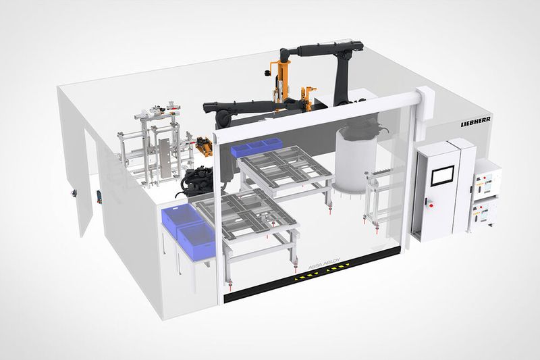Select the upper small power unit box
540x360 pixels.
coord(487,178)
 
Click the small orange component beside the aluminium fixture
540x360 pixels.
coord(201,143)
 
